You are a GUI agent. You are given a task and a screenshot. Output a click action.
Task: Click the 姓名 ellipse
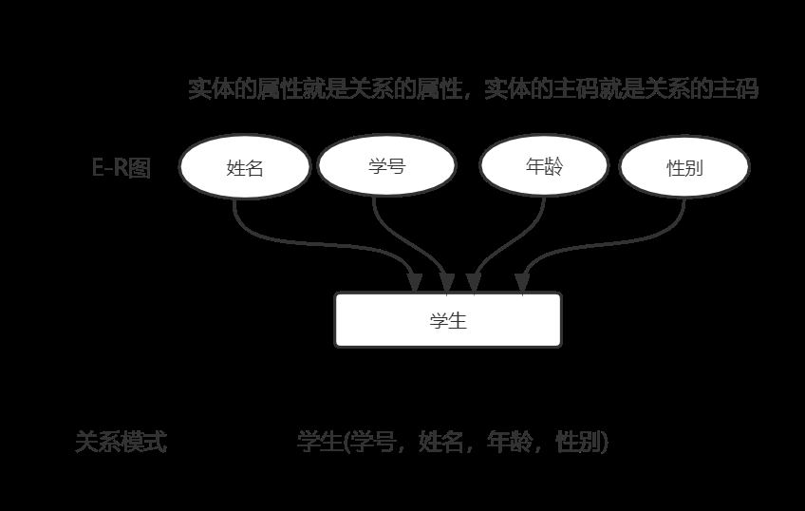point(245,168)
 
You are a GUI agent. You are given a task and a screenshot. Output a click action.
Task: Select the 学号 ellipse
point(386,166)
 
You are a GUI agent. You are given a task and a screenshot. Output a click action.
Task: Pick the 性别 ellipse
point(684,168)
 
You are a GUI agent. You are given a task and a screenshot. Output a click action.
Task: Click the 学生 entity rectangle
point(448,320)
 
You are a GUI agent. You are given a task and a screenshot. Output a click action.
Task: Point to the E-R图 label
point(121,168)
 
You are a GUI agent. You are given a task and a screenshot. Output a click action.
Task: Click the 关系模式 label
point(121,442)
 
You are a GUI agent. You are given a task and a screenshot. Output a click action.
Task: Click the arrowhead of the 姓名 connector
point(414,282)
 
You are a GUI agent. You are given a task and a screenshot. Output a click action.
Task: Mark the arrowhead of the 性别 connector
point(522,282)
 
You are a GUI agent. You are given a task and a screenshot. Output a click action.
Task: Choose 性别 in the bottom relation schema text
point(578,442)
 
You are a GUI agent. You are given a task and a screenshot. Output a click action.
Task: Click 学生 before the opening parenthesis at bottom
point(319,442)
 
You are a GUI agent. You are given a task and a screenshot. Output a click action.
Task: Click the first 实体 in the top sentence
point(210,89)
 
